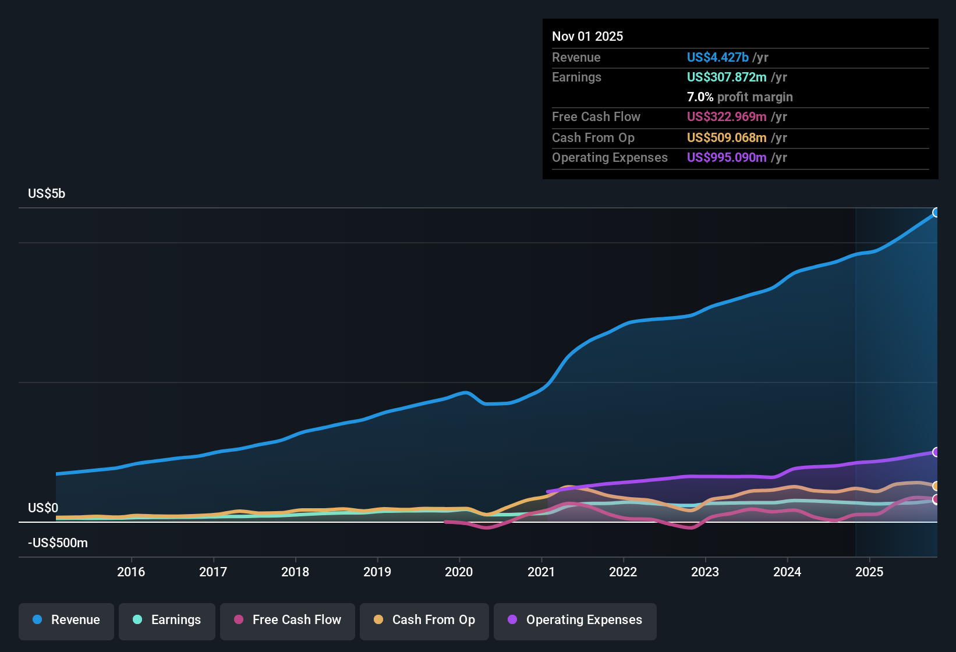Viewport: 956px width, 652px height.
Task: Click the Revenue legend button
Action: (66, 620)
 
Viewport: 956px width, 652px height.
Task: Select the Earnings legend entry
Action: (167, 620)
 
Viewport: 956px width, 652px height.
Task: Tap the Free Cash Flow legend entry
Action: (288, 620)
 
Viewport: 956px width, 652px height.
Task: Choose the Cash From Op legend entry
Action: (424, 620)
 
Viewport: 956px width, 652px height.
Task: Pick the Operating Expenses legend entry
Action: (575, 620)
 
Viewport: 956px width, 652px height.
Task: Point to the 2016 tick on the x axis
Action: (131, 572)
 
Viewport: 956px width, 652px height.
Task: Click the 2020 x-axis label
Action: (459, 572)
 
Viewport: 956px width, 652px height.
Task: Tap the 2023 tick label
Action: (705, 572)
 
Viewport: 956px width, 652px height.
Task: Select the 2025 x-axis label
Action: (869, 572)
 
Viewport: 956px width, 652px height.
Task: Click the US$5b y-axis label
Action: (47, 194)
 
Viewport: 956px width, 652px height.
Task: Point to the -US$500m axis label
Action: (58, 543)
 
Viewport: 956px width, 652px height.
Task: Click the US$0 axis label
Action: (43, 508)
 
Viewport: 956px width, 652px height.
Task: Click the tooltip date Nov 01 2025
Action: (587, 37)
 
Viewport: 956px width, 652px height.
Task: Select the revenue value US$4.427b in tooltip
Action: (717, 58)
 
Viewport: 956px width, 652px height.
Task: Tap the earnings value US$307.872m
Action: (726, 77)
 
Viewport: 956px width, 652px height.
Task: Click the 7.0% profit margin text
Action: (739, 97)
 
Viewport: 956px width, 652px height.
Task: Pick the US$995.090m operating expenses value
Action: (726, 158)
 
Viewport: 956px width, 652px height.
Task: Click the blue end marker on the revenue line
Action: (936, 212)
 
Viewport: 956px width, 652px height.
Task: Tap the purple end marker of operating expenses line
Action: (936, 452)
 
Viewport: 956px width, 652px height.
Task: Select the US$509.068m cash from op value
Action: (726, 138)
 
